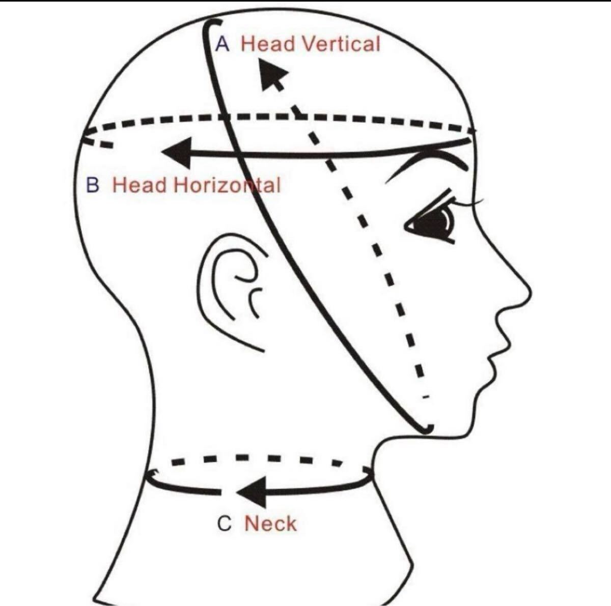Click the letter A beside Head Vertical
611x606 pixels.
(222, 44)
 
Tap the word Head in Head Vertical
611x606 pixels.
(268, 44)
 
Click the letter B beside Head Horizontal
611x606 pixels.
(93, 185)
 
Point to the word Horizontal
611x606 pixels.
(227, 185)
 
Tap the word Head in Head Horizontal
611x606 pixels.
(140, 185)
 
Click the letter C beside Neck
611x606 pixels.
(225, 524)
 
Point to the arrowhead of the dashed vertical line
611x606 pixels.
(273, 74)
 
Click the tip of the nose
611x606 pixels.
(531, 291)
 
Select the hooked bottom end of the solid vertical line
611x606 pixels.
(427, 430)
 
